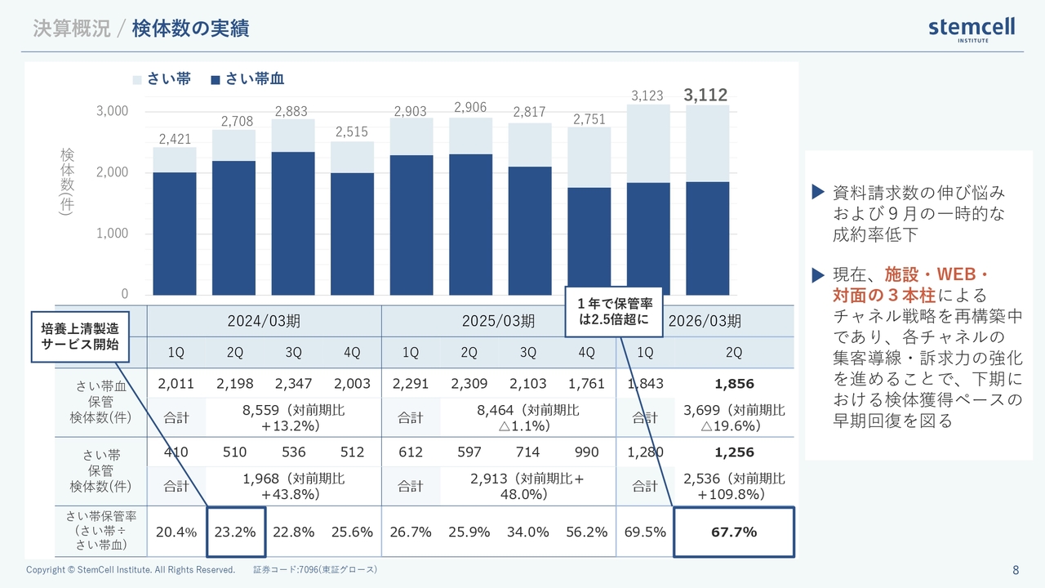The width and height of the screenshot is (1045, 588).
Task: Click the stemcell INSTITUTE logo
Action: (972, 29)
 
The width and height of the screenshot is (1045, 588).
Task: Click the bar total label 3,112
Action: (705, 95)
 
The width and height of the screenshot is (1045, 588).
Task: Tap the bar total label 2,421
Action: (175, 140)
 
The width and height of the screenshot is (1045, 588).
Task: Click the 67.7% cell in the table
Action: (733, 532)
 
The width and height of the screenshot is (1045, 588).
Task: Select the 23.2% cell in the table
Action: (235, 532)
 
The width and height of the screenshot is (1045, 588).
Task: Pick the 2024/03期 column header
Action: (264, 321)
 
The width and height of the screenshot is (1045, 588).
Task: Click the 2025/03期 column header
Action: (498, 321)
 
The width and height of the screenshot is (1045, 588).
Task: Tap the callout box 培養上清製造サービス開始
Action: (80, 336)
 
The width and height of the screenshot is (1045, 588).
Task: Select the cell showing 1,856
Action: (734, 384)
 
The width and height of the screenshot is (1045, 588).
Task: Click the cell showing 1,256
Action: (734, 452)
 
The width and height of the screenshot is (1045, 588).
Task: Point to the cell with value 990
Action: (586, 452)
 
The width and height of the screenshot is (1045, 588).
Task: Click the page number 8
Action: (1015, 569)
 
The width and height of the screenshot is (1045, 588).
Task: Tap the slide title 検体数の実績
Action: (190, 29)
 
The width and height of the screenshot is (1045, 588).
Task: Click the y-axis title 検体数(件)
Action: (67, 181)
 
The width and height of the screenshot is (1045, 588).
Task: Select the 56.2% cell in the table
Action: (586, 532)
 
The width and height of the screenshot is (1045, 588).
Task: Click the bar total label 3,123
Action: (647, 96)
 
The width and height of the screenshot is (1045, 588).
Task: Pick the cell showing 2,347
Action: (293, 384)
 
